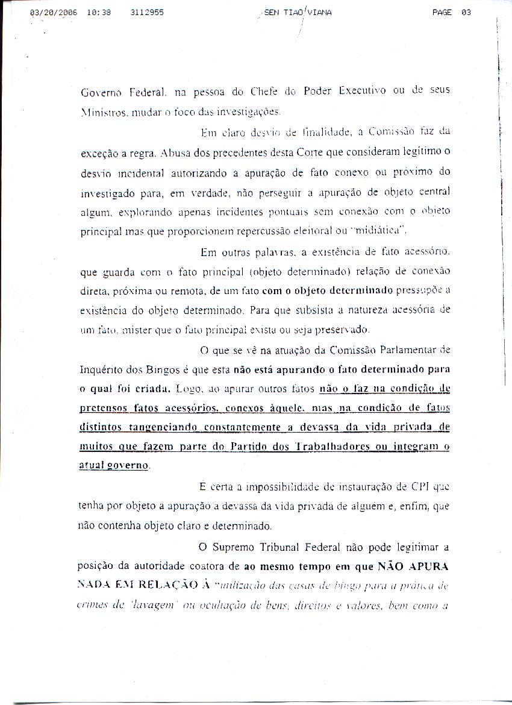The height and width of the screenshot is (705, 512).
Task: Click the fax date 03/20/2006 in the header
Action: coord(53,12)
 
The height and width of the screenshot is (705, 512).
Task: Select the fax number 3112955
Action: coord(146,12)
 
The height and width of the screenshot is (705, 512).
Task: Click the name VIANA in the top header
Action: coord(319,12)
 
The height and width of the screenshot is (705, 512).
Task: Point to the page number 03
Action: coord(466,12)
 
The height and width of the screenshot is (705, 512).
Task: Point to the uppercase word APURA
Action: coord(428,566)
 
